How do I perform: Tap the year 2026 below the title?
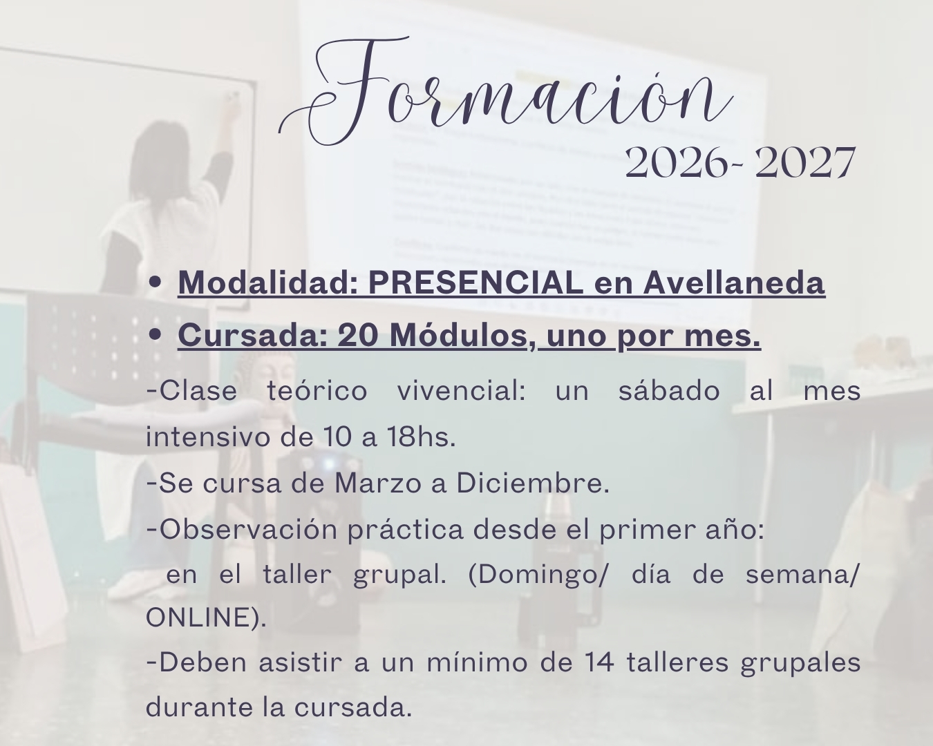tap(676, 162)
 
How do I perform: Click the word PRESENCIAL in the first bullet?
tap(475, 283)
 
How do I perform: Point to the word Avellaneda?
tap(734, 283)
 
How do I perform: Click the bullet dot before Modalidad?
tap(155, 283)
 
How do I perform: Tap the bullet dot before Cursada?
tap(155, 334)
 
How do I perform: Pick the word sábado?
tap(669, 390)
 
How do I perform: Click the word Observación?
tap(248, 529)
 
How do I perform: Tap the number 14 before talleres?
tap(599, 663)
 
